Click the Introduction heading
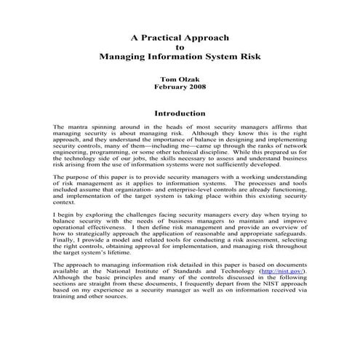180,113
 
